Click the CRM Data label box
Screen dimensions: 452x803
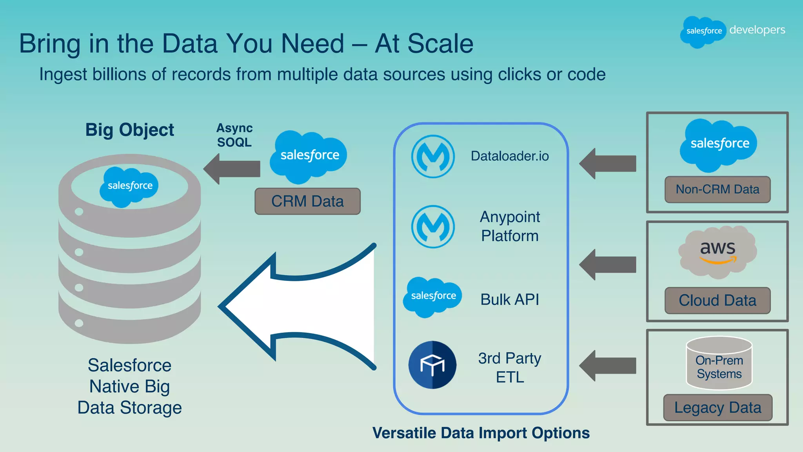coord(307,201)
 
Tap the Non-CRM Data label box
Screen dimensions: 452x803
coord(718,190)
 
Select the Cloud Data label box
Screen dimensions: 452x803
coord(718,301)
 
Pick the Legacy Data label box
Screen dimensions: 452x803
coord(718,408)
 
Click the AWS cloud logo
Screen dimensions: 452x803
coord(718,252)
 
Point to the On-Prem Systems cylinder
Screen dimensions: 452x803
coord(719,363)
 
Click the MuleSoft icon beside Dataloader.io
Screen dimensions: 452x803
coord(433,156)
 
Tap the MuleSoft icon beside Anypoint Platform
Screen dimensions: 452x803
coord(433,227)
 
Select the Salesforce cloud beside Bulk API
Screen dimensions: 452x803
coord(433,297)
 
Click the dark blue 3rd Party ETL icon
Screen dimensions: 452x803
coord(432,365)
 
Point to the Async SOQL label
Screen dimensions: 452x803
coord(234,135)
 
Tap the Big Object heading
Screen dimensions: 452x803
coord(129,130)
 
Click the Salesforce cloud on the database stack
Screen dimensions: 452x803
coord(129,186)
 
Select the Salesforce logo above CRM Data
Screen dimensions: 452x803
coord(309,156)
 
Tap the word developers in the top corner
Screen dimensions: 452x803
coord(757,30)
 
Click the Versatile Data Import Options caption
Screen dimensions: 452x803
coord(481,433)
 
